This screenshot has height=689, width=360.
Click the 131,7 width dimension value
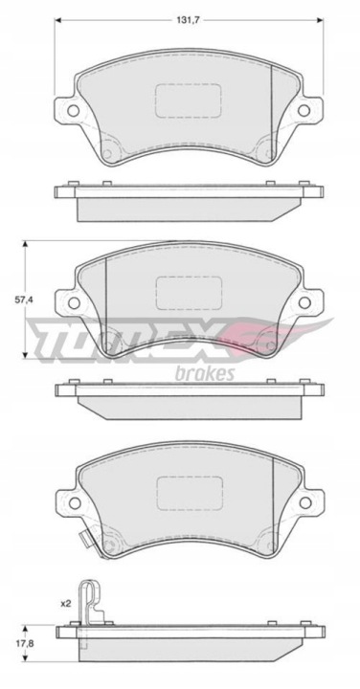188,20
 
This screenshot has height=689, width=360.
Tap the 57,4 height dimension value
24,300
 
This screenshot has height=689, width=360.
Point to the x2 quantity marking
65,604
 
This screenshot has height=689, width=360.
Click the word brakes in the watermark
205,373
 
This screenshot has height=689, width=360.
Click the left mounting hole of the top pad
74,111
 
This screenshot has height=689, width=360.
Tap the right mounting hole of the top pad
304,111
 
